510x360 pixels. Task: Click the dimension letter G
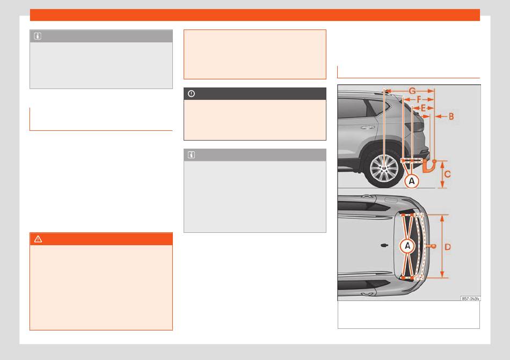pos(412,91)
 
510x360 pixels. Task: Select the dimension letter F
pos(419,99)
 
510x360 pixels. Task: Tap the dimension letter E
pos(423,108)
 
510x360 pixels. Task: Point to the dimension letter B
pos(451,116)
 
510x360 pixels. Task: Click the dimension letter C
pos(447,174)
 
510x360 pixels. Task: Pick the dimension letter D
pos(448,247)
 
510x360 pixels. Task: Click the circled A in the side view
pos(412,181)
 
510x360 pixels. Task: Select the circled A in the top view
pos(407,246)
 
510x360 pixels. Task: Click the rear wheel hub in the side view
pos(384,167)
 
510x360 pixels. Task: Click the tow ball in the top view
pos(433,246)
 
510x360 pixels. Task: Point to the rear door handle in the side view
pos(367,128)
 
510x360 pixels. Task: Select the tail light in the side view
pos(415,127)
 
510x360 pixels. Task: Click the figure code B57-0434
pos(470,298)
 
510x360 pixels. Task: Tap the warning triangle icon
pos(38,239)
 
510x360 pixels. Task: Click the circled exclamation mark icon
pos(191,93)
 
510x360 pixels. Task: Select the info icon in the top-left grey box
pos(38,36)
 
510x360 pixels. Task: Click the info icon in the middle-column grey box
pos(191,155)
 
